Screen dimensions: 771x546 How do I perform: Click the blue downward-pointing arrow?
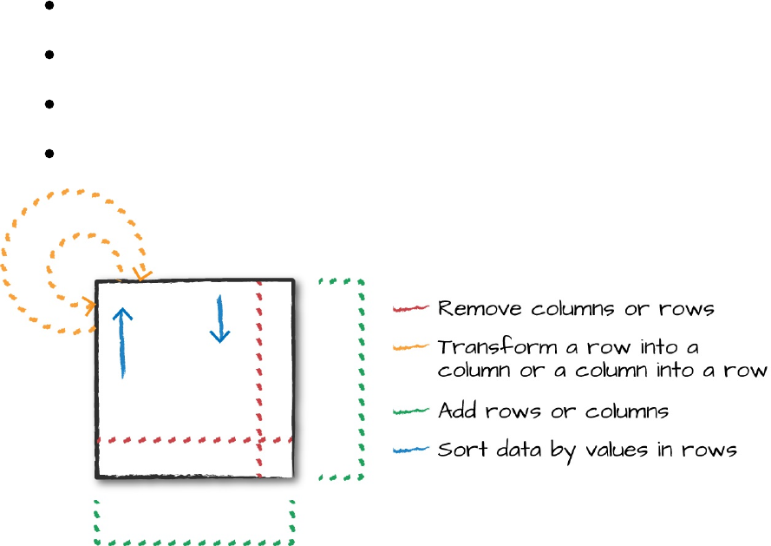tap(220, 319)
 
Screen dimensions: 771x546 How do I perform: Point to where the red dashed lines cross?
tap(259, 439)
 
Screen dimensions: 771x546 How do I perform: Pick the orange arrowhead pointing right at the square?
tap(89, 305)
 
